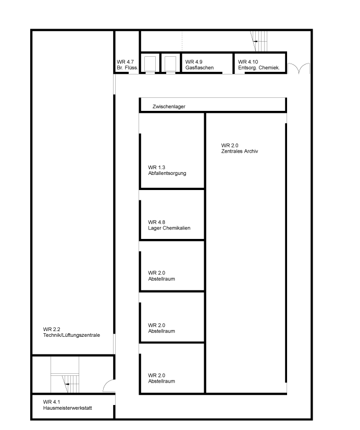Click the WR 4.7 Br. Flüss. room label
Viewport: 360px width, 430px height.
coord(127,65)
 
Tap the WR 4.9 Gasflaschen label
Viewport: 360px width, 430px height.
coord(199,65)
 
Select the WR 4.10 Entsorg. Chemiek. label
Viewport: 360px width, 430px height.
coord(259,65)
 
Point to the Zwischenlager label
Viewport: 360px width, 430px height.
coord(169,107)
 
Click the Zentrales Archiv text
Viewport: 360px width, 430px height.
coord(240,151)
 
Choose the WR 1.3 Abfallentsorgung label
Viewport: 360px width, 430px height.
coord(167,170)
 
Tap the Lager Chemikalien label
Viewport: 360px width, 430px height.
coord(169,228)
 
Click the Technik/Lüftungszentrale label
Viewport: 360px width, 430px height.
coord(71,335)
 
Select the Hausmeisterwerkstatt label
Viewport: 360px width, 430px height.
coord(68,408)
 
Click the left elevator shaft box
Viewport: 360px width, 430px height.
coord(150,64)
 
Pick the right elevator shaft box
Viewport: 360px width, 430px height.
coord(170,64)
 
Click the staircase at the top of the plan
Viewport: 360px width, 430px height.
coord(259,42)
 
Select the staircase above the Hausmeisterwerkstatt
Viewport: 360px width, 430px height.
coord(65,375)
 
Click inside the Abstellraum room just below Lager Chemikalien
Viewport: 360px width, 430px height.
coord(172,265)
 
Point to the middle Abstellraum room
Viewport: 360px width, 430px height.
coord(172,318)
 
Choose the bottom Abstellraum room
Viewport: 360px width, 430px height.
coord(172,368)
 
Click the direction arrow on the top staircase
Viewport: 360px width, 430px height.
coord(256,42)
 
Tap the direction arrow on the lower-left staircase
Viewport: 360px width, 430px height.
coord(68,384)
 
